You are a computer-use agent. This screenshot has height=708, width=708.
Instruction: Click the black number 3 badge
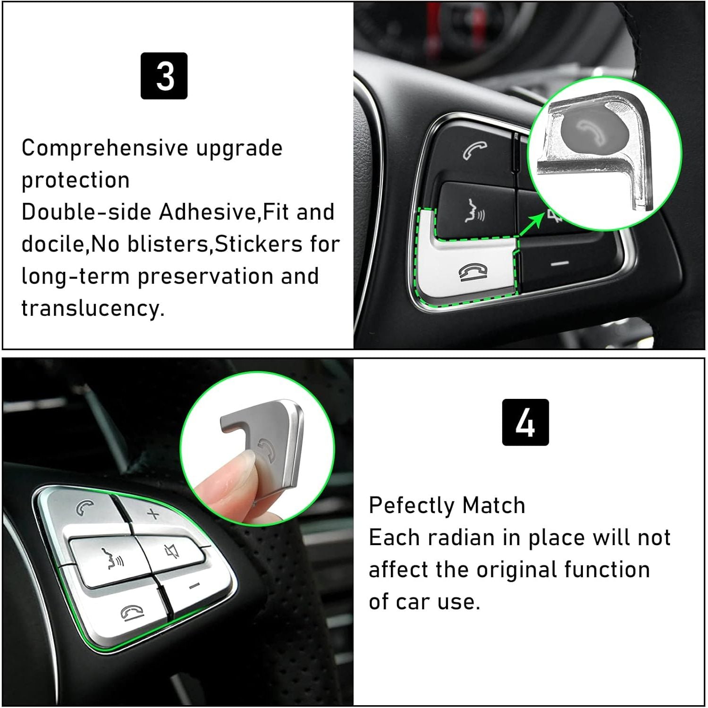(164, 76)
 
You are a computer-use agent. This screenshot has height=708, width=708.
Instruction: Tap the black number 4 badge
(525, 422)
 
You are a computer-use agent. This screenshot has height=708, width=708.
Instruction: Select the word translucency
(93, 308)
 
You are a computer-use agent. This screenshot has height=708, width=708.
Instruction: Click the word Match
(494, 506)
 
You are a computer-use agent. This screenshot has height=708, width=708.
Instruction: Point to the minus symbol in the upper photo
(560, 263)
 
